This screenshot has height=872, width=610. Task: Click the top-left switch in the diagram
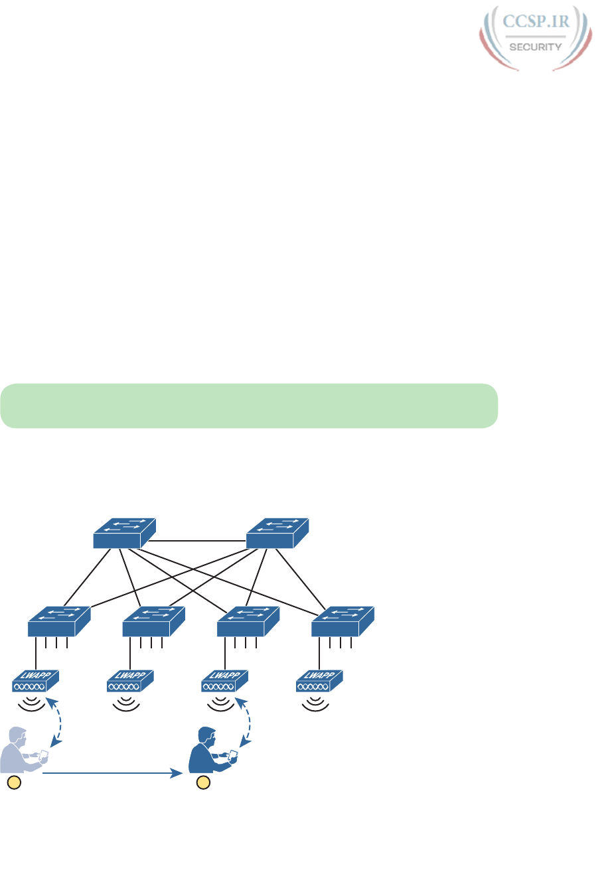click(124, 533)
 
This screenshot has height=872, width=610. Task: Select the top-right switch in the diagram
click(277, 533)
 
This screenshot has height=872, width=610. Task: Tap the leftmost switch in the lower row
click(59, 621)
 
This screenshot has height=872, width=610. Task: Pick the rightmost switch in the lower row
click(343, 621)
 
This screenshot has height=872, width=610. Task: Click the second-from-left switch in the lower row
click(154, 621)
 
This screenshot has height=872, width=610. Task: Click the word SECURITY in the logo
click(535, 47)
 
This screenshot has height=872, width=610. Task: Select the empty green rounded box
click(249, 405)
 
